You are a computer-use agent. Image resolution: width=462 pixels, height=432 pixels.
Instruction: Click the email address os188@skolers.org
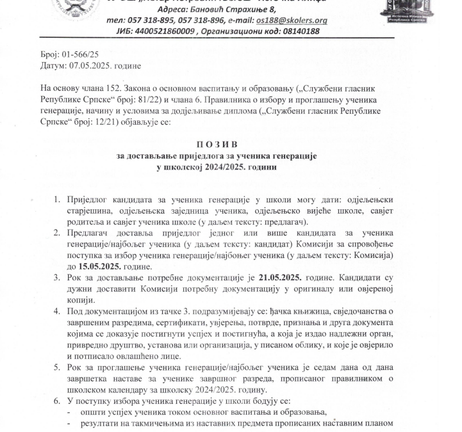[292, 20]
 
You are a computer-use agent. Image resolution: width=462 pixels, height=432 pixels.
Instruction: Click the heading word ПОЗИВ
[217, 145]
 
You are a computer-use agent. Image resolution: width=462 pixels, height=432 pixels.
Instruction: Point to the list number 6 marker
[57, 401]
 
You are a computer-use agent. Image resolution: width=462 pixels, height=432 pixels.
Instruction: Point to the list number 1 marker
[57, 200]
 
